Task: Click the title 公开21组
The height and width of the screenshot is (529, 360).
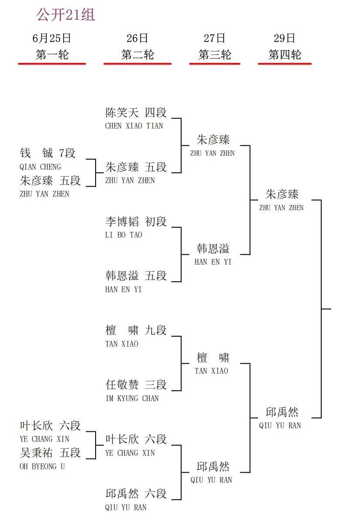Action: (x=65, y=15)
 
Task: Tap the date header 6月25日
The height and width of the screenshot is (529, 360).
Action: (x=51, y=38)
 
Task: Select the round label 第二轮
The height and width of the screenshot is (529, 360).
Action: (x=137, y=55)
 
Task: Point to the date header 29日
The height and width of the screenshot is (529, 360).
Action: (x=285, y=38)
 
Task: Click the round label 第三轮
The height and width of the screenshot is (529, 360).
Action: (x=215, y=55)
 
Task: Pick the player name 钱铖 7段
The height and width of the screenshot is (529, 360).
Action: (x=48, y=153)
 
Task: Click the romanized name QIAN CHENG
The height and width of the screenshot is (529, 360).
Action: (x=40, y=167)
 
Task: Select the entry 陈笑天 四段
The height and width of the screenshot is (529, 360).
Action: (x=136, y=113)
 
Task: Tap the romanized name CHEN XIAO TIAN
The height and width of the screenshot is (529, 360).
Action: (x=134, y=126)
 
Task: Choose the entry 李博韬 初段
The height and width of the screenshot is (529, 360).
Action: (x=136, y=222)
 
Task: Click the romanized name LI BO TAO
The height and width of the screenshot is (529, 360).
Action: (x=123, y=235)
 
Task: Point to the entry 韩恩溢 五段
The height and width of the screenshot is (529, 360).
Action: (x=136, y=276)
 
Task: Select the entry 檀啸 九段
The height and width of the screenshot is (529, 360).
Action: (x=136, y=331)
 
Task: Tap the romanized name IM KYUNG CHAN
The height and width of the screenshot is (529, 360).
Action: (x=132, y=399)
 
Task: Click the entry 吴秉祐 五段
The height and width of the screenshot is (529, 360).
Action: (x=50, y=453)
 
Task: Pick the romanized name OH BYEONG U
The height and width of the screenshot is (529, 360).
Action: (x=42, y=466)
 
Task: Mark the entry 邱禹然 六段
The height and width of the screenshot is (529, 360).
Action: (x=136, y=494)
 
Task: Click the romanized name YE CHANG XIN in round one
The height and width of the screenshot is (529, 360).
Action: (x=45, y=439)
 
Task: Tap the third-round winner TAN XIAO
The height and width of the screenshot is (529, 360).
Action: (x=211, y=371)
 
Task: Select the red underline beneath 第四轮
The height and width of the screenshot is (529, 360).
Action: (x=285, y=64)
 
